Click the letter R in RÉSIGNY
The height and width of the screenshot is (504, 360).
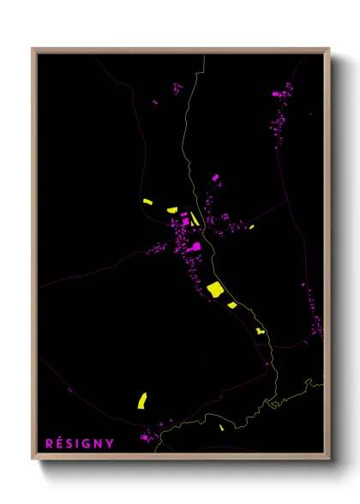pos(48,443)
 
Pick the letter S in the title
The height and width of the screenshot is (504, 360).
pos(70,443)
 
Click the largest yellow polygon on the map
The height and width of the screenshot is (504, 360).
pos(214,289)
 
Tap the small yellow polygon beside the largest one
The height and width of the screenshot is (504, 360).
pos(232,304)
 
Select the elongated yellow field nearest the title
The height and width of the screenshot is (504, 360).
pos(142,399)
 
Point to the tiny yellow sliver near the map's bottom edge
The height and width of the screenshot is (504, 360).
pos(221,427)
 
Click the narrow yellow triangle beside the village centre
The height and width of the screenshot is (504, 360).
pos(195,219)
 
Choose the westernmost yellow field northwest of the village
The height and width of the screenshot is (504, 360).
pos(147,202)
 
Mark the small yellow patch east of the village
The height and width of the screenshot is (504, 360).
pos(251,227)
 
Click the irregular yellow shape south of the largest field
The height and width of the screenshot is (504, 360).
pos(261,330)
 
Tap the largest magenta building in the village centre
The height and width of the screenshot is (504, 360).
pos(196,247)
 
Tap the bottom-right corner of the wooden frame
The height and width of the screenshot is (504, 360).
pos(328,459)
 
